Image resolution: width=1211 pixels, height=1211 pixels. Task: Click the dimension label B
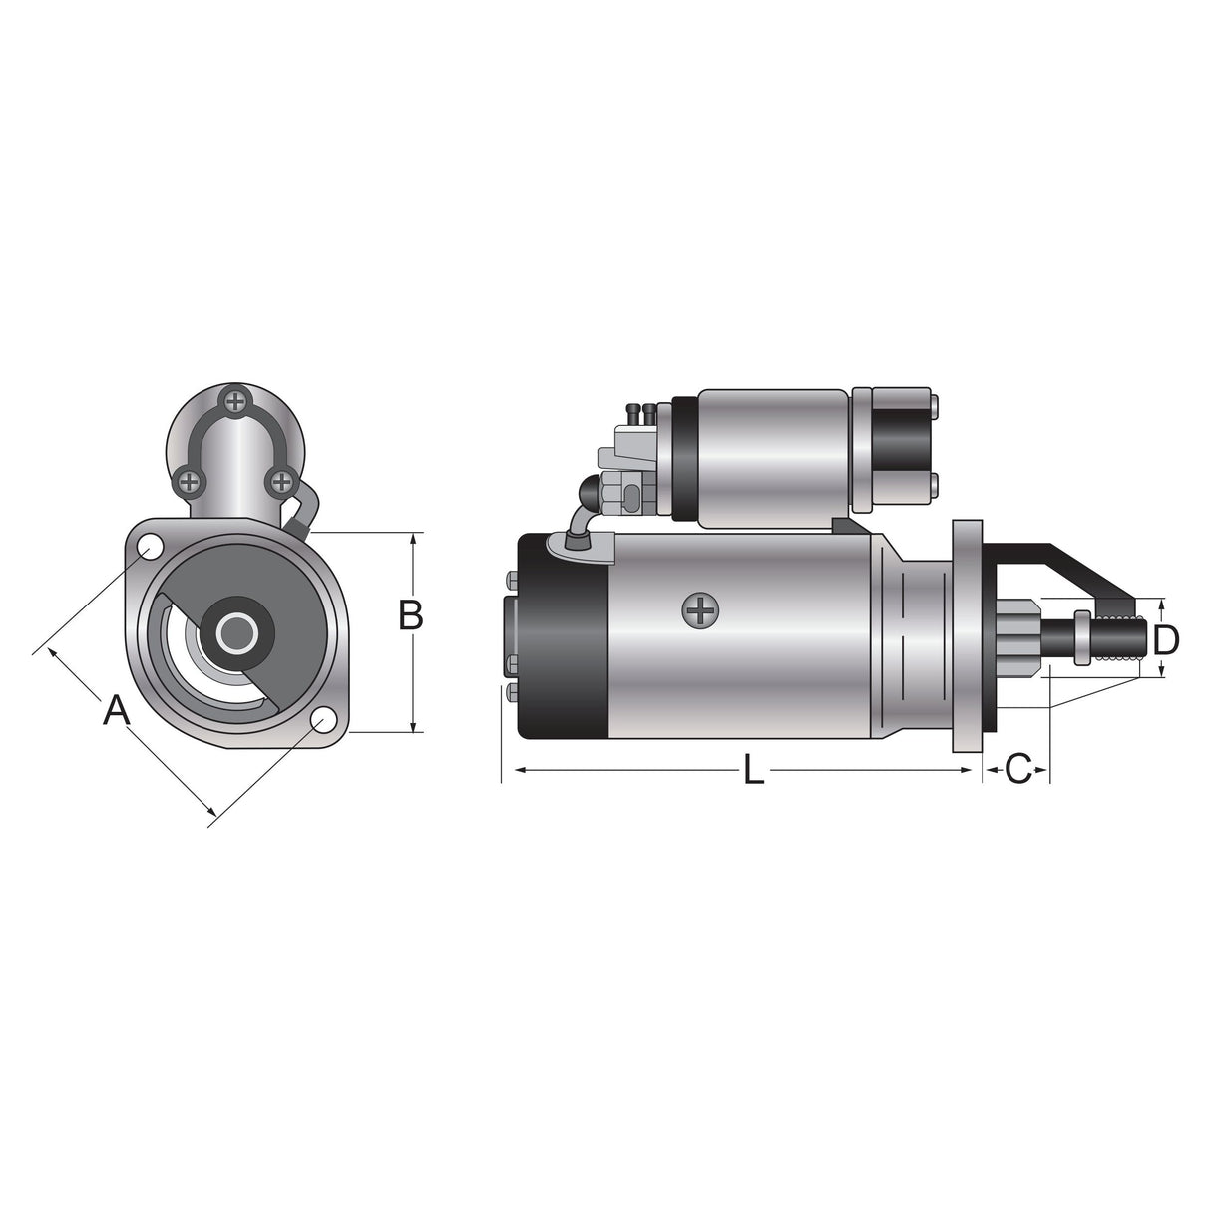[x=410, y=615]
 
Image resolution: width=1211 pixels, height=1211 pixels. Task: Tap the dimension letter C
[x=1016, y=769]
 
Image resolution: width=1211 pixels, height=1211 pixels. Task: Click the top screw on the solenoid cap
[x=235, y=401]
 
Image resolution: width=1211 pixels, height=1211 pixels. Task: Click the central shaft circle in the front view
[x=237, y=632]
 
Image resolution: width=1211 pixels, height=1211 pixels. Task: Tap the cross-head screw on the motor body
[x=701, y=610]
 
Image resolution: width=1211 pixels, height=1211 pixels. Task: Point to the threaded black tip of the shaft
[x=1117, y=638]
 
